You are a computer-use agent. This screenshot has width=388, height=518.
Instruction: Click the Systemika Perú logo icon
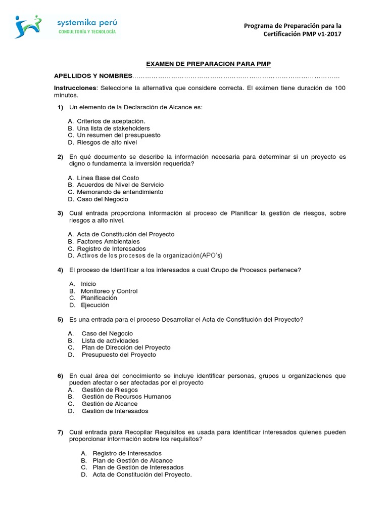coord(29,27)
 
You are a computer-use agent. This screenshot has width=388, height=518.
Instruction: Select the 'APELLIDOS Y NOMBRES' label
coord(92,76)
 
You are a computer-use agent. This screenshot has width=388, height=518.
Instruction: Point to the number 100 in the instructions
coord(340,88)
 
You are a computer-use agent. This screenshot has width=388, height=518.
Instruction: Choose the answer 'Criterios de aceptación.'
coord(111,121)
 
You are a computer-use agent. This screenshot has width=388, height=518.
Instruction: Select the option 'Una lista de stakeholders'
coord(113,128)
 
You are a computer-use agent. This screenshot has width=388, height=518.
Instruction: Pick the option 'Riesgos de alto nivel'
coord(107,142)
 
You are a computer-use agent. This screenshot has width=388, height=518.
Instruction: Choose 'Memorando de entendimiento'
coord(120,192)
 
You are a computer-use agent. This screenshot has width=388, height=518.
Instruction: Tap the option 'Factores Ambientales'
coord(108,242)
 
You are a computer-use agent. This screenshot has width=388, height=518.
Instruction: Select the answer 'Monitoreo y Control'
coord(109,291)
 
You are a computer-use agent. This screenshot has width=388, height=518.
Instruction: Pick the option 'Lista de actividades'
coord(110,340)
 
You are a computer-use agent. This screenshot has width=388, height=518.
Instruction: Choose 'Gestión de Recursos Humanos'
coord(126,397)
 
